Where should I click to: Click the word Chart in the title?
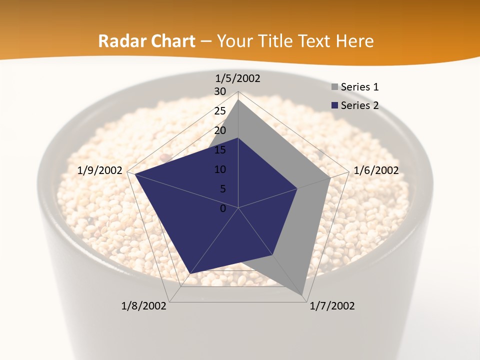point(169,41)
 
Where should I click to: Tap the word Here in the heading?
point(355,41)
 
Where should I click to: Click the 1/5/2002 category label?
point(238,78)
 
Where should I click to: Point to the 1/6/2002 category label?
point(376,170)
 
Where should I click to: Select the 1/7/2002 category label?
point(332,306)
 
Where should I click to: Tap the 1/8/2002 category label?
point(144,306)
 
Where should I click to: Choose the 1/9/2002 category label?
point(100,170)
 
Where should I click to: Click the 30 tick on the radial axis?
point(220,91)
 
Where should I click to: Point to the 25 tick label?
point(220,111)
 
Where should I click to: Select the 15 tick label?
point(220,150)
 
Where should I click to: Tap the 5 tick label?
point(223,189)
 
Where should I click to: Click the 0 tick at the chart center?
point(223,208)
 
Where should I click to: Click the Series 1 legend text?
point(359,87)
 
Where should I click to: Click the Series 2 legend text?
point(359,105)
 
